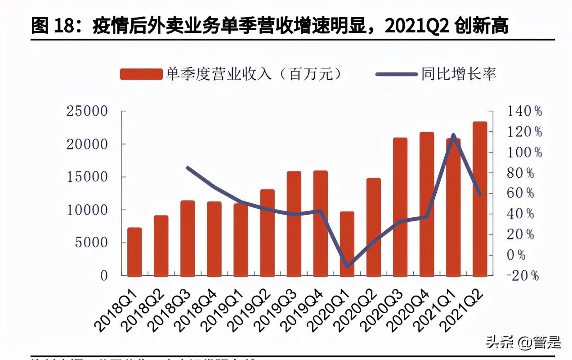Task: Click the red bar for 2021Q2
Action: (480, 198)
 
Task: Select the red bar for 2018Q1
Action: (134, 252)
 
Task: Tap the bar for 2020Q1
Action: (347, 243)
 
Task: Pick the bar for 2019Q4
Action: (321, 223)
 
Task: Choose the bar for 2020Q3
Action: (400, 207)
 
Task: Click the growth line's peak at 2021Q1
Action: (453, 135)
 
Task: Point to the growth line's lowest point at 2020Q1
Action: (347, 266)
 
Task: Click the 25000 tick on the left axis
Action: (87, 111)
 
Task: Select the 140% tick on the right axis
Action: (524, 111)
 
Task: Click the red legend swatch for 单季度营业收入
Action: (141, 74)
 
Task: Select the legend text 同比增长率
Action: (459, 74)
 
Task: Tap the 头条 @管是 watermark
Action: (523, 343)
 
